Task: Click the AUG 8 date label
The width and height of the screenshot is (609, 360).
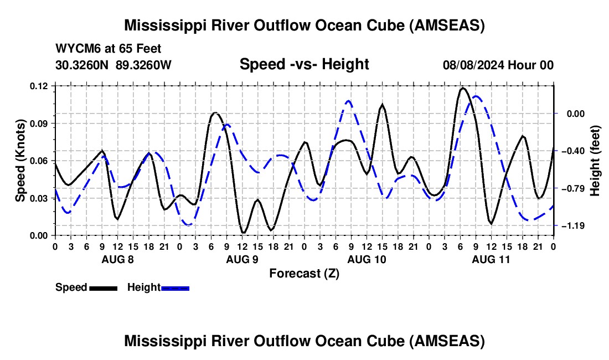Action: [117, 259]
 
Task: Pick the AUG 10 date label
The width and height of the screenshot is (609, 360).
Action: [366, 259]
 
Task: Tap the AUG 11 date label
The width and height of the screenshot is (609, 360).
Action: [491, 259]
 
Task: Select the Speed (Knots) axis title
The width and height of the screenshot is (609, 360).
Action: [20, 161]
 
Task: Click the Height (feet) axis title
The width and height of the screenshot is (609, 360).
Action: [596, 161]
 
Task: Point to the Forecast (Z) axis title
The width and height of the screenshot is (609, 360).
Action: [304, 273]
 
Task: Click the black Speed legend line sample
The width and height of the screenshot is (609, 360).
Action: [103, 287]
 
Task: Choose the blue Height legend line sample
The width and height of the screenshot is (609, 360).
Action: [175, 287]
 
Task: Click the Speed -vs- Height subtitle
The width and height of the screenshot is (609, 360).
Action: [304, 64]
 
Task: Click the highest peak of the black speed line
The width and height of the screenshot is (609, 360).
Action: [462, 88]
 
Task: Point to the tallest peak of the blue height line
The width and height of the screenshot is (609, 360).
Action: [475, 96]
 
